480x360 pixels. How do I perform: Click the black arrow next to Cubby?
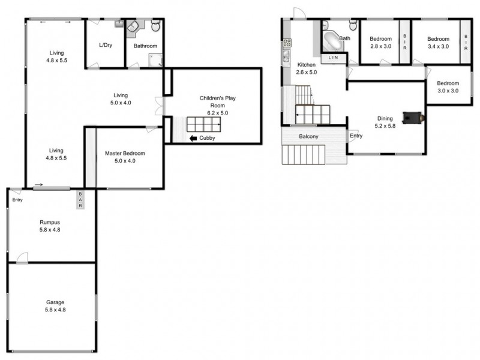coord(193,139)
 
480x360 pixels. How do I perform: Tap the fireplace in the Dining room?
coord(413,118)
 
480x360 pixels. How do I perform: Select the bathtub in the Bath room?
coord(332,42)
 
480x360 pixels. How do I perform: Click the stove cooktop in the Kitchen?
coord(287,43)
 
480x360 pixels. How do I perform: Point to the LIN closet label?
coord(334,57)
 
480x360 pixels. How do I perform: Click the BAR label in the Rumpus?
coord(80,200)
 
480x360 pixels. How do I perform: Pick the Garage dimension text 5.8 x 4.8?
coord(55,310)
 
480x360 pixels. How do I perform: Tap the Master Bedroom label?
coord(125,153)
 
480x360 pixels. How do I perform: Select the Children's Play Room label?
coord(218,101)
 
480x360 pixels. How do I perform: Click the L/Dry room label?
coord(106,45)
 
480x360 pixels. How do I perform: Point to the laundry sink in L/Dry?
coord(119,23)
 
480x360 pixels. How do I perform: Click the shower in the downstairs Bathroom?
coord(155,61)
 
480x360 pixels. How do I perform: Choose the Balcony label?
coord(308,136)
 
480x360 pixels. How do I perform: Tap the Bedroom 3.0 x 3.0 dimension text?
coord(448,91)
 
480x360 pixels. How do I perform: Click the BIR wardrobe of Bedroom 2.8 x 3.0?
coord(404,42)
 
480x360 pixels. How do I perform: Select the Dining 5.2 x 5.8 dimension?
coord(385,126)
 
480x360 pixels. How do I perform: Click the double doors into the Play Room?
coord(159,106)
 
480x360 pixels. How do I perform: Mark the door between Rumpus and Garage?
coord(22,258)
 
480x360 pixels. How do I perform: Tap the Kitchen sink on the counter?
coord(286,56)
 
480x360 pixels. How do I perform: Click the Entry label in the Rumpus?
coord(17,200)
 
